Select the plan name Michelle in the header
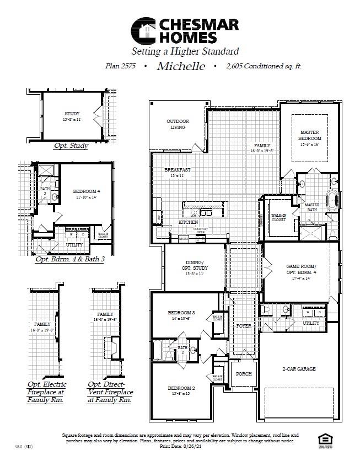coord(181,66)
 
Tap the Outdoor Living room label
coord(178,124)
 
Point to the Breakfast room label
coord(178,170)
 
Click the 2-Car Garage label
coord(300,369)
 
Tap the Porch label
coord(244,373)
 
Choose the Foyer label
coord(243,326)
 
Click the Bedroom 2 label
coord(181,389)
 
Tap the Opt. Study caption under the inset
coord(71,146)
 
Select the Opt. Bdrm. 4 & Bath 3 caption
coord(69,259)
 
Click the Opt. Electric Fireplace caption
coord(46,392)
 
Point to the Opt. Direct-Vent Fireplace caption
coord(110,392)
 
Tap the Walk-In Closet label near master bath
coord(278,217)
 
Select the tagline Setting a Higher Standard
coord(185,52)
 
